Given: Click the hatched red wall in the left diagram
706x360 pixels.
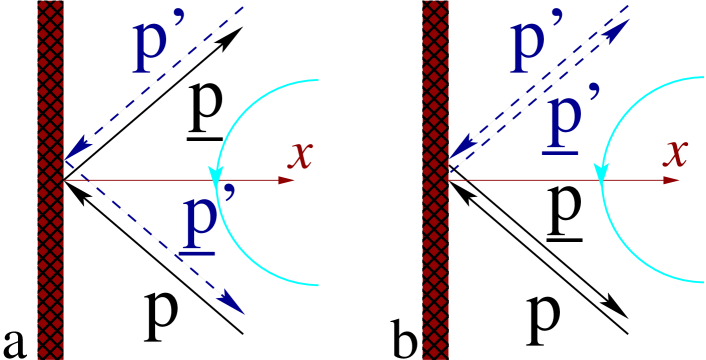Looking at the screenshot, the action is pyautogui.click(x=50, y=250).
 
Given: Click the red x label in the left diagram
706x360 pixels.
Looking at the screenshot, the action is pyautogui.click(x=300, y=155).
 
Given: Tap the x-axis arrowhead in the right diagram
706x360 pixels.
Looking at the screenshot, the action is pyautogui.click(x=671, y=181).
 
